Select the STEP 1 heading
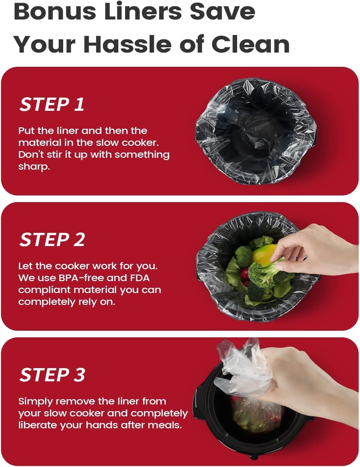click(52, 105)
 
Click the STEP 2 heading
click(52, 240)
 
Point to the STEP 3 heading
click(52, 375)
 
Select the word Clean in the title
click(250, 44)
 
